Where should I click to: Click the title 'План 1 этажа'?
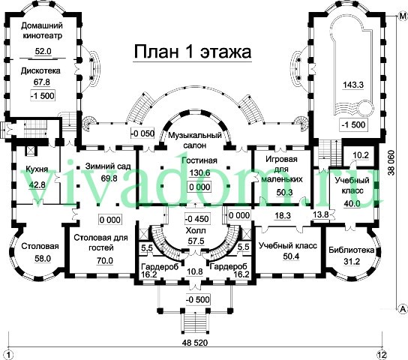[x=193, y=52]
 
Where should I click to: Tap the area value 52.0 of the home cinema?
[x=43, y=51]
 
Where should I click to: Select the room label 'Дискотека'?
[x=40, y=70]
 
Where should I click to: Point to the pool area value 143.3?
[x=353, y=85]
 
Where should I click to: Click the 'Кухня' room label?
[x=37, y=169]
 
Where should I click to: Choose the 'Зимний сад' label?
[x=108, y=166]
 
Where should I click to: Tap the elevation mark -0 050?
[x=142, y=133]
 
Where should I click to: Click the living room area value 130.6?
[x=199, y=172]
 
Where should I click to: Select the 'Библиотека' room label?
[x=352, y=250]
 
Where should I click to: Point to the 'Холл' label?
[x=196, y=230]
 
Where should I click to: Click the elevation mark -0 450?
[x=196, y=219]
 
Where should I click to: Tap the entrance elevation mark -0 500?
[x=198, y=300]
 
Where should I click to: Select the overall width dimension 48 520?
[x=195, y=343]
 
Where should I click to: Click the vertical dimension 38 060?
[x=391, y=163]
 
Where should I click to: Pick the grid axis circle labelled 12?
[x=382, y=355]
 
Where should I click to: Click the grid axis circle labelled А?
[x=402, y=309]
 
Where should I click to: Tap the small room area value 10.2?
[x=361, y=155]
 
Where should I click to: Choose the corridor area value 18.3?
[x=283, y=216]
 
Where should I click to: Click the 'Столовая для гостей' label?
[x=101, y=242]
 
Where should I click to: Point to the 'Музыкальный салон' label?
[x=195, y=140]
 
